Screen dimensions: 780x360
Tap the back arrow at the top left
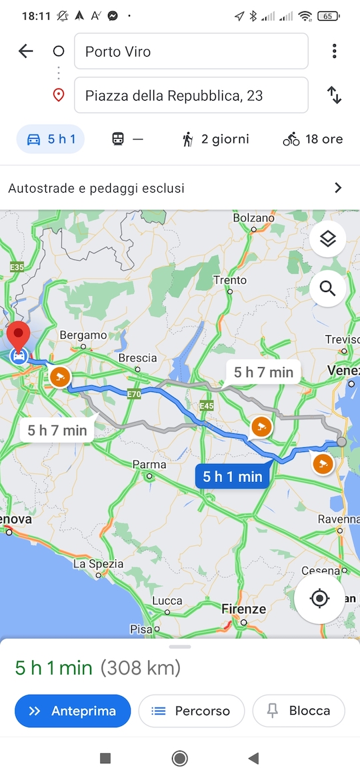pos(25,51)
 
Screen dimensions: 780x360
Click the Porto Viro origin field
pos(191,51)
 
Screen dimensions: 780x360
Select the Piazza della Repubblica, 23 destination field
pos(191,95)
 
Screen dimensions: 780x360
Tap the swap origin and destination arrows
pos(334,95)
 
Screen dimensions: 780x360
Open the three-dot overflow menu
pos(334,51)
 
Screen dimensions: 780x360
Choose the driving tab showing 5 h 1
pos(51,139)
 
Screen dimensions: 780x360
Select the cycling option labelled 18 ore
pos(313,139)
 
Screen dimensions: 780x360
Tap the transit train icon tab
pos(127,139)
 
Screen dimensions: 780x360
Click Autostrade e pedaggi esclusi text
pos(97,188)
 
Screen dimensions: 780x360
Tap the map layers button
pos(327,239)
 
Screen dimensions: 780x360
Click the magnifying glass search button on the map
pos(327,288)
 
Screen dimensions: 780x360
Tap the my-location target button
pos(319,598)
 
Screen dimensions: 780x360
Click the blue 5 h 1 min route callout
pos(232,476)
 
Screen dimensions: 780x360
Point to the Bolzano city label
pos(253,218)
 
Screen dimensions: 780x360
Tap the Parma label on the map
pos(149,465)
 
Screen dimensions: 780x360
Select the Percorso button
pos(191,711)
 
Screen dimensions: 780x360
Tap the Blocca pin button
pos(299,711)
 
